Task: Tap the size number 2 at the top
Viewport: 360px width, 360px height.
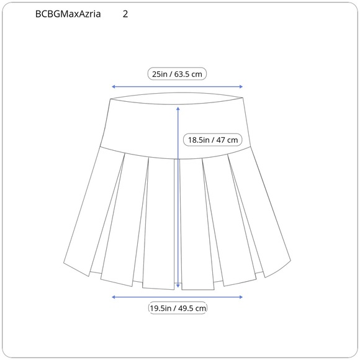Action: click(126, 14)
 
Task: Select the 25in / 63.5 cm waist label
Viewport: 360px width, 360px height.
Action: click(178, 74)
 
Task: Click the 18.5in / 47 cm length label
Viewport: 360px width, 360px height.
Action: click(213, 140)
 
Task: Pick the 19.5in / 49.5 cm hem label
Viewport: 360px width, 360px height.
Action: click(178, 308)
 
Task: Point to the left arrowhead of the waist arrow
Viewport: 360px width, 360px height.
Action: click(113, 88)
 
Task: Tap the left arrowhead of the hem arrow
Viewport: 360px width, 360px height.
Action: click(113, 297)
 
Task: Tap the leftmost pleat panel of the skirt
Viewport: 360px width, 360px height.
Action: click(93, 211)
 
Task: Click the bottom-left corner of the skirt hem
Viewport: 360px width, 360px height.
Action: click(65, 261)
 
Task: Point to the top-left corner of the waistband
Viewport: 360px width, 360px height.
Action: click(109, 98)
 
